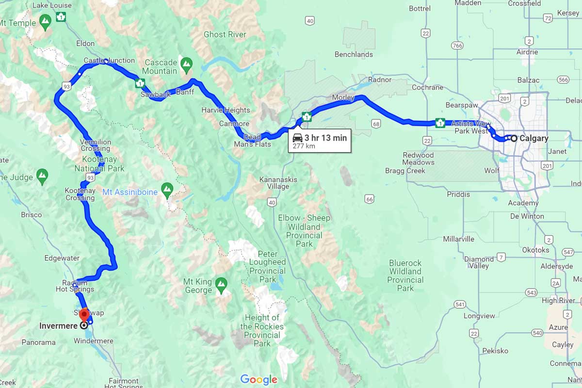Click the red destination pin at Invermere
click(85, 314)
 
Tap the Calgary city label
click(533, 138)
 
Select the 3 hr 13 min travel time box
click(320, 141)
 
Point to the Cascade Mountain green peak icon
click(186, 64)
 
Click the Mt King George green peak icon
click(221, 283)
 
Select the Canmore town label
click(234, 124)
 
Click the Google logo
click(259, 379)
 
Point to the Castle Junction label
click(109, 61)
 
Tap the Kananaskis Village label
click(278, 183)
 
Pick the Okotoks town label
click(536, 250)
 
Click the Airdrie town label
click(527, 52)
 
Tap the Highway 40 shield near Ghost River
click(310, 20)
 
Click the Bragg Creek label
click(405, 171)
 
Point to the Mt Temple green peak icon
click(45, 21)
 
